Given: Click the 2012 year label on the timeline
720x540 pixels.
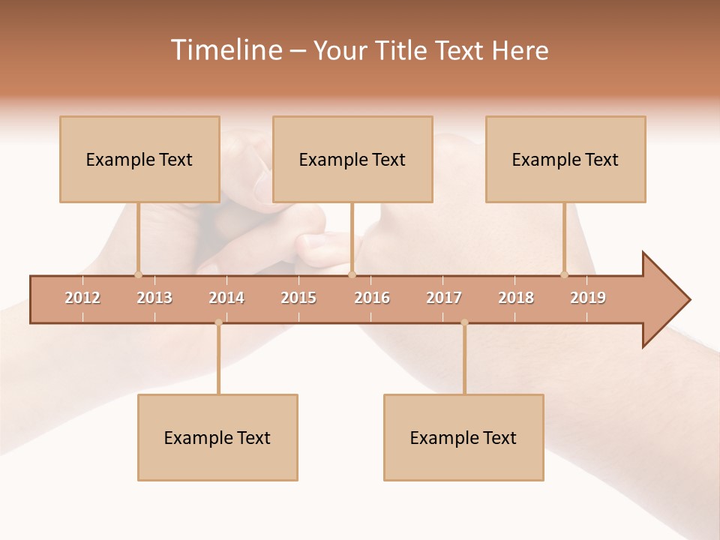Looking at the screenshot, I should (x=82, y=298).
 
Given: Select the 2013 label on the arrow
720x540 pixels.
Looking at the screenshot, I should (x=154, y=298).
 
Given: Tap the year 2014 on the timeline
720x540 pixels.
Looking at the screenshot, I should (x=226, y=298).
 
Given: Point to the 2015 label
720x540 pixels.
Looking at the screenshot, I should (x=298, y=298).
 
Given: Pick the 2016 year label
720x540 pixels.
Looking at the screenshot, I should (x=372, y=298).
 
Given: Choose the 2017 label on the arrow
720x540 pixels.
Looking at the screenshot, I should (x=444, y=298).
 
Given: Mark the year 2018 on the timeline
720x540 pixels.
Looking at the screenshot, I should (x=516, y=298).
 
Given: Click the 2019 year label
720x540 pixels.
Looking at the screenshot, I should (x=588, y=298).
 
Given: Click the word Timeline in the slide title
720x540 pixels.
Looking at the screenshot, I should (x=225, y=50).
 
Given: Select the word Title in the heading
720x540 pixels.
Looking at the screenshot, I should (x=402, y=50).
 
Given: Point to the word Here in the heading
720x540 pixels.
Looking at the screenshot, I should (x=520, y=50).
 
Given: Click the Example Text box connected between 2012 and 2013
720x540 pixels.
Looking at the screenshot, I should (x=139, y=159).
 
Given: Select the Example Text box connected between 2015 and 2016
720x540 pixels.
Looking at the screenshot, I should (x=352, y=159).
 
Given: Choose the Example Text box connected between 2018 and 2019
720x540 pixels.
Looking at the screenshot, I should (x=565, y=159).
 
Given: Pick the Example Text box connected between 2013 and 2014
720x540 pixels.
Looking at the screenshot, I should (x=217, y=437).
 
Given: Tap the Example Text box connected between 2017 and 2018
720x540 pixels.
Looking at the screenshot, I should (x=463, y=437).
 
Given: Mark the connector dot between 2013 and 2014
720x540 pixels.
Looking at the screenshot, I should (x=218, y=322).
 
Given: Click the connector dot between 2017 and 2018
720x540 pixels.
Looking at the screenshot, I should (x=464, y=322).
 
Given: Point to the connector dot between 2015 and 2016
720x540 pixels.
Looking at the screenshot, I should (x=352, y=274).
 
